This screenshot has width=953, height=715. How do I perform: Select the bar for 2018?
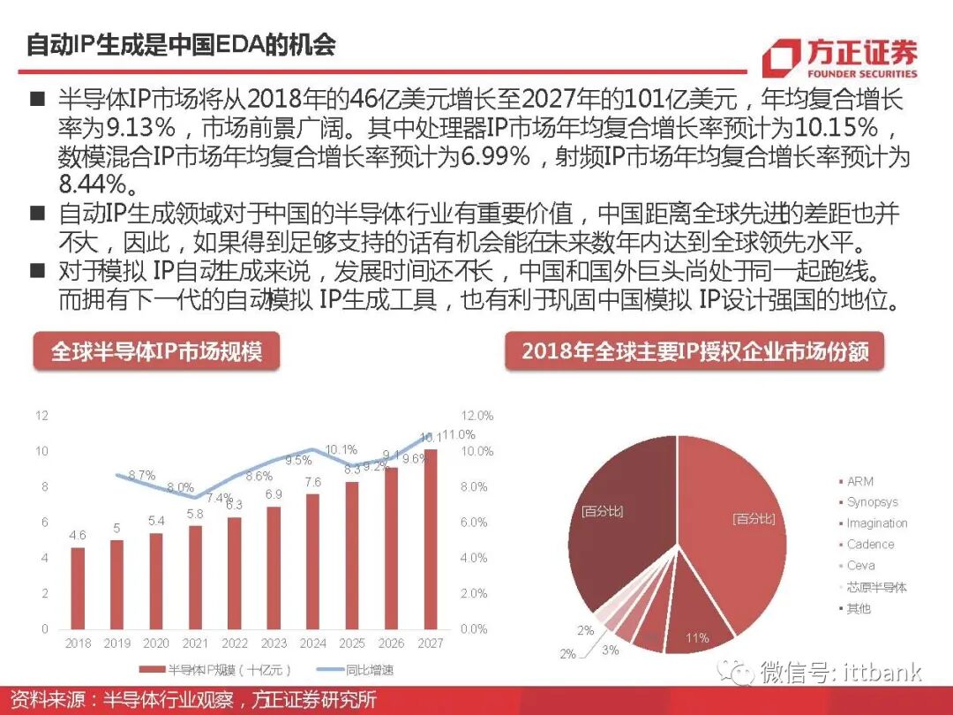pos(78,588)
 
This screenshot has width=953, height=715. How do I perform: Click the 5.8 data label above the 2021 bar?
pos(195,513)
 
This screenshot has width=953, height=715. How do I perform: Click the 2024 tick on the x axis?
pos(312,643)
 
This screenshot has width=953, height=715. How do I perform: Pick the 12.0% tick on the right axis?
pos(476,415)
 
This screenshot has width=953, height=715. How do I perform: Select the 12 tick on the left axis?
pos(41,415)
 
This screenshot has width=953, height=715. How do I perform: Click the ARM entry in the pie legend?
pos(859,481)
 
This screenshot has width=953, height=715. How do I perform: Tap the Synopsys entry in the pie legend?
pos(872,502)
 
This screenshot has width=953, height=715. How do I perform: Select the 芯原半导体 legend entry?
pos(876,587)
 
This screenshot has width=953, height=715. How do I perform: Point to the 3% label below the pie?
pos(611,650)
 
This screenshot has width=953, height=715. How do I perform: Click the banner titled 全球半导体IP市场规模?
pos(156,351)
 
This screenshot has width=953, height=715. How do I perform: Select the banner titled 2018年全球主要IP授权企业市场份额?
pos(695,351)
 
